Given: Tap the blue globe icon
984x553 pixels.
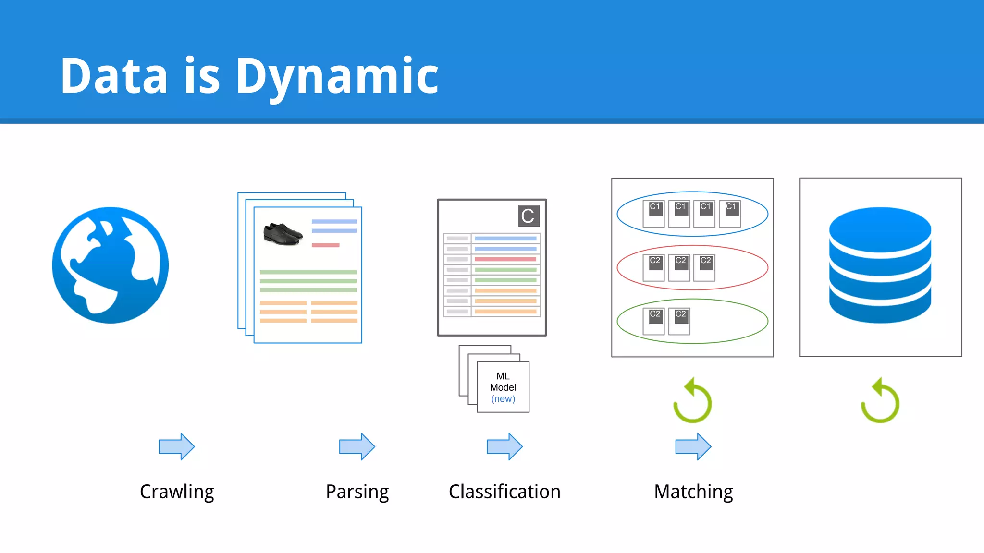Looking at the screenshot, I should coord(111,265).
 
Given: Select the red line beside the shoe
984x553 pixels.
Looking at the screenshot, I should coord(325,245).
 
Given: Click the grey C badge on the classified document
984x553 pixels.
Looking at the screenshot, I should coord(529,216).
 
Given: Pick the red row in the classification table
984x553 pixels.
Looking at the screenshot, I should coord(505,259).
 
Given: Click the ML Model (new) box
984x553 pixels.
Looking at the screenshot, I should coord(503,387).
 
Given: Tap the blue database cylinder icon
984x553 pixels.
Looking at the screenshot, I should coord(880,265).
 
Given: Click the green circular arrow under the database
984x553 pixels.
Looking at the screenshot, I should coord(880,401).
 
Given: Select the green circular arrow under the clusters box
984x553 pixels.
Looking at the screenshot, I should coord(692,401).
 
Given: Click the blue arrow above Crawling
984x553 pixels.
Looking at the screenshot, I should coord(177,446).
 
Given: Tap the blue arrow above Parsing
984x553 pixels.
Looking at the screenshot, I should coord(357,446).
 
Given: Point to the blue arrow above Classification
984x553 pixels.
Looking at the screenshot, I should coord(504,446).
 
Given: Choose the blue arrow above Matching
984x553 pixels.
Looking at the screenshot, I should coord(693,446).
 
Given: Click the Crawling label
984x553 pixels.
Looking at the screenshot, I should coord(177,492).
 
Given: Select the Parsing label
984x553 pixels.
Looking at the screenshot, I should coord(357,492).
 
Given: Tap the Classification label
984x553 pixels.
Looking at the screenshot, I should coord(504,492).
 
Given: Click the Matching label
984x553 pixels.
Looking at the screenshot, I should coord(693,492).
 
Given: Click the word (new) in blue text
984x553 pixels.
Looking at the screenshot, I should coord(503,399).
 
